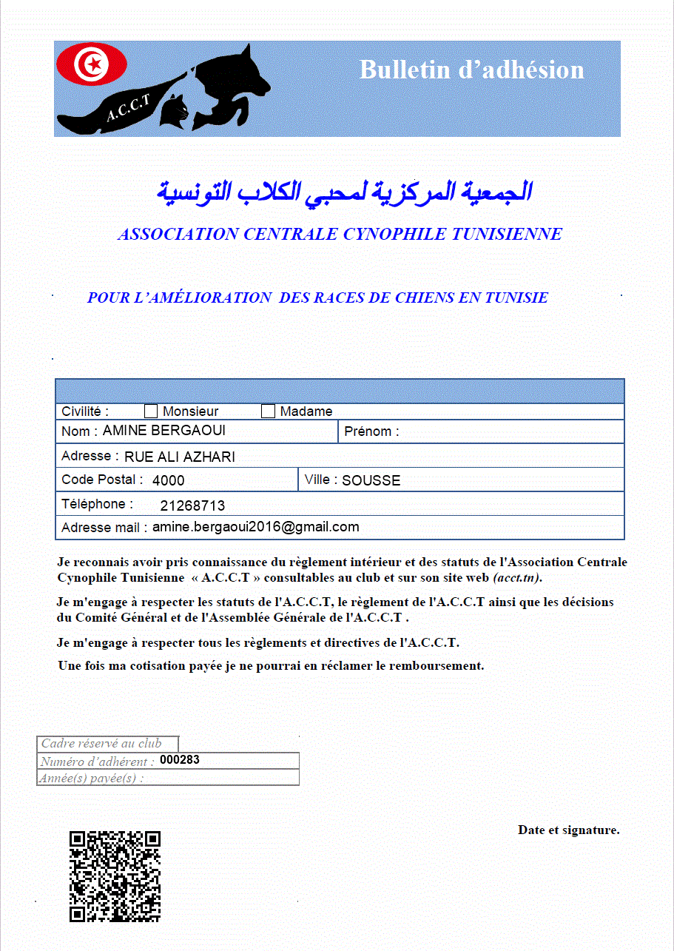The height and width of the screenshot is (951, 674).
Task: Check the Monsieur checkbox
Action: pyautogui.click(x=151, y=411)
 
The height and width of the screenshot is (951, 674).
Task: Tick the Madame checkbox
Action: pyautogui.click(x=269, y=411)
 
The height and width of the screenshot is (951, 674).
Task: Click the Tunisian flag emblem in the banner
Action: pyautogui.click(x=92, y=64)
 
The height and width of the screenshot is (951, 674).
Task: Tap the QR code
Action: pyautogui.click(x=115, y=876)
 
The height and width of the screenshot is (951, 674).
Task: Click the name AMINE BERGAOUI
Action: pyautogui.click(x=164, y=431)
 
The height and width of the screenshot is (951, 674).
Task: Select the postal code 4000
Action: pyautogui.click(x=168, y=480)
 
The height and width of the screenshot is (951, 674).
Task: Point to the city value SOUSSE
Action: pyautogui.click(x=371, y=480)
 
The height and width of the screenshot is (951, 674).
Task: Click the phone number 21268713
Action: pyautogui.click(x=192, y=506)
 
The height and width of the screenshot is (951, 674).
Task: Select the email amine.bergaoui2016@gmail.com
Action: pyautogui.click(x=255, y=527)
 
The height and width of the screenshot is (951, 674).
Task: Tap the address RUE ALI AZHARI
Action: pyautogui.click(x=179, y=457)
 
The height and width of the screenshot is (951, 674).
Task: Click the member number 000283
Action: pyautogui.click(x=180, y=760)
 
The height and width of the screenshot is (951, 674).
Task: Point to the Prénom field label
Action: pyautogui.click(x=371, y=431)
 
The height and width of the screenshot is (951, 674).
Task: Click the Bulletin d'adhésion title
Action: pyautogui.click(x=471, y=70)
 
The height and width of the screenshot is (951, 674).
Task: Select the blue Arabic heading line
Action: pyautogui.click(x=344, y=191)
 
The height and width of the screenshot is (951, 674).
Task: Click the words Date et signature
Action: pyautogui.click(x=568, y=830)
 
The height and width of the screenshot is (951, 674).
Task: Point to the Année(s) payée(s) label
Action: pyautogui.click(x=92, y=778)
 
